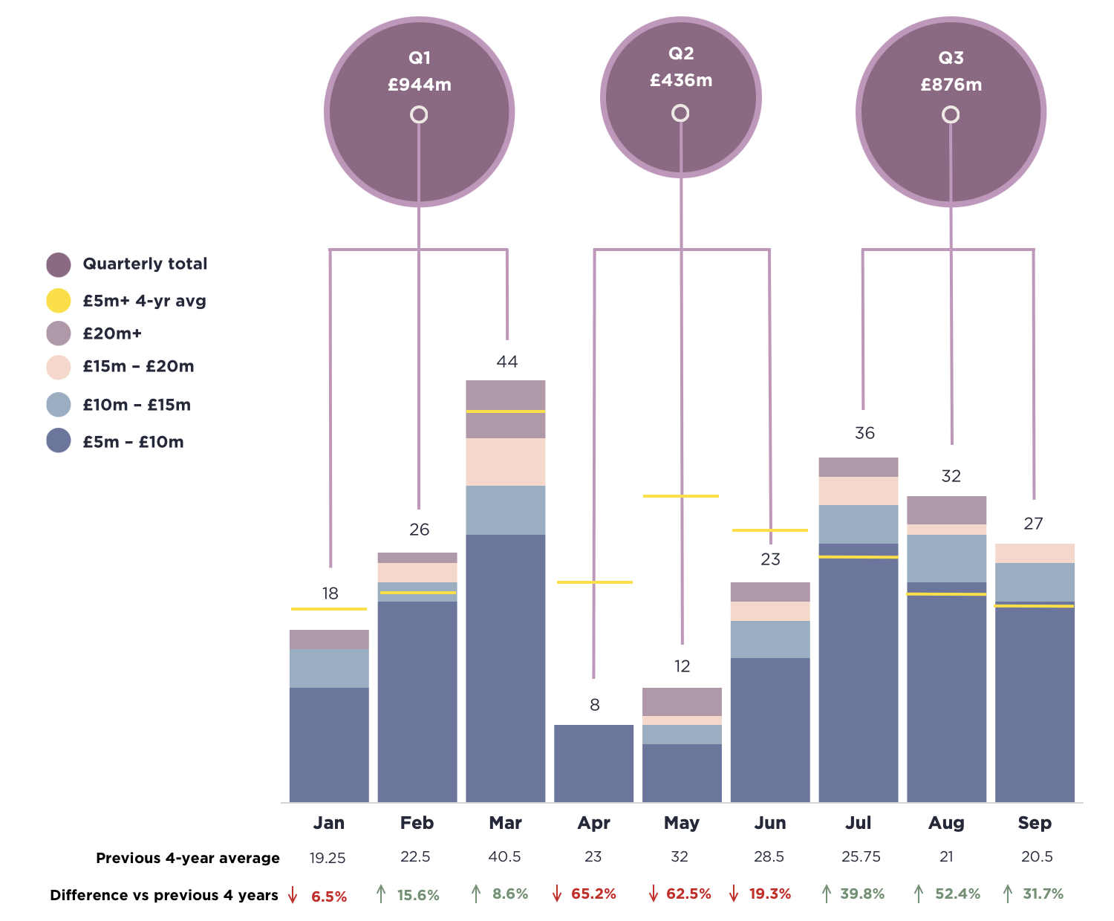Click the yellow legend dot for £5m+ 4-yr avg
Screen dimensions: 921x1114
coord(59,301)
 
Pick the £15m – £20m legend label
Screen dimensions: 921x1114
coord(138,366)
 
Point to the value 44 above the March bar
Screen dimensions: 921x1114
coord(507,362)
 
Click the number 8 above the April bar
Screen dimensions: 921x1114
coord(595,705)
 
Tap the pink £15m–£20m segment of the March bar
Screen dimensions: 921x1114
coord(506,462)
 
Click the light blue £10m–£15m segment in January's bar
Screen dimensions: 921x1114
coord(329,668)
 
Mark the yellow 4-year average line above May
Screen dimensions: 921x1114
coord(681,495)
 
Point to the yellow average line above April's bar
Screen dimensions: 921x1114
coord(595,582)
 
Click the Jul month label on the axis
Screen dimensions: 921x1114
coord(859,823)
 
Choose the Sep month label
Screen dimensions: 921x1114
coord(1035,823)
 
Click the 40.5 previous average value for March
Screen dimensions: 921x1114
coord(505,857)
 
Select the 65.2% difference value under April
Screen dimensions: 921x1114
coord(593,894)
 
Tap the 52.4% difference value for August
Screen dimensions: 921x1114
coord(957,894)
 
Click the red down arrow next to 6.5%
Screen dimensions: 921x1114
coord(293,895)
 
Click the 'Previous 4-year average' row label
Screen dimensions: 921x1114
coord(188,858)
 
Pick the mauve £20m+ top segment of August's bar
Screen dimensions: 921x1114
coord(947,510)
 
